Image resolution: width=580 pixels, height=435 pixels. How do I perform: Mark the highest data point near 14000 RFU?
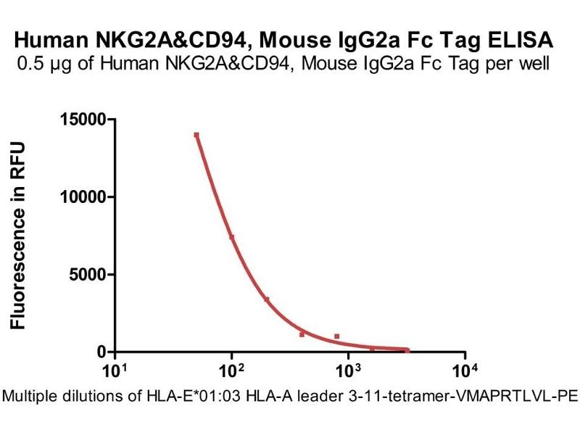pyautogui.click(x=196, y=135)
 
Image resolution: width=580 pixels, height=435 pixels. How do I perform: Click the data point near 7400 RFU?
pyautogui.click(x=232, y=237)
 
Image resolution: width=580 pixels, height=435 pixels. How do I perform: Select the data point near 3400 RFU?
pyautogui.click(x=267, y=299)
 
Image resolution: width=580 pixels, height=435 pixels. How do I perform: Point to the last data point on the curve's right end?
pyautogui.click(x=407, y=350)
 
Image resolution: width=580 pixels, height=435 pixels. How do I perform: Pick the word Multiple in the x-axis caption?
pyautogui.click(x=30, y=397)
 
